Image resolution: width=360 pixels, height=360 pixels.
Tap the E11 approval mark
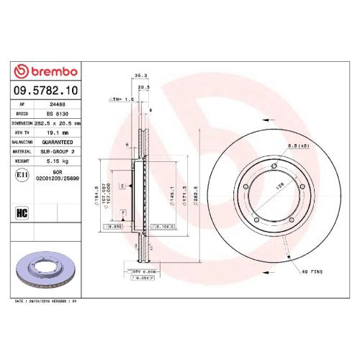[20, 174]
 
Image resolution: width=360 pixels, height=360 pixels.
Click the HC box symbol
[21, 213]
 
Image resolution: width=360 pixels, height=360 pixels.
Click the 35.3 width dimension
[140, 74]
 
